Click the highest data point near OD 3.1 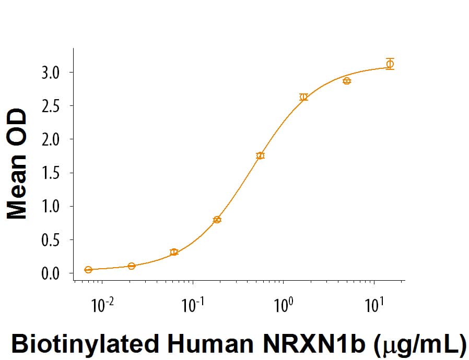[x=390, y=64]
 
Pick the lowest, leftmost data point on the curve [x=88, y=270]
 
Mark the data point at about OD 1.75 [x=260, y=155]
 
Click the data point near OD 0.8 [x=217, y=220]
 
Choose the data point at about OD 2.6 [x=303, y=97]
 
